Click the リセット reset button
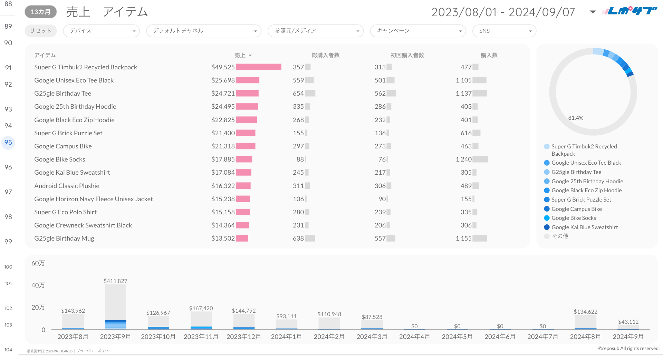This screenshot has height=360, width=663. (40, 31)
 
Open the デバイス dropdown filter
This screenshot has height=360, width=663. (101, 31)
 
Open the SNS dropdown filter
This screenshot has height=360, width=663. (504, 31)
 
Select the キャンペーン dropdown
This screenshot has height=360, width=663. (417, 31)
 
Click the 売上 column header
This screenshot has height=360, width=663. (240, 55)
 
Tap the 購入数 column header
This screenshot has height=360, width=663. (489, 55)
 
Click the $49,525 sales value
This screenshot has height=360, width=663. (223, 67)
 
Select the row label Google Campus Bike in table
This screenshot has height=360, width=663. (63, 146)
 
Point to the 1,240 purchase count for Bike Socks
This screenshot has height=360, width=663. (463, 159)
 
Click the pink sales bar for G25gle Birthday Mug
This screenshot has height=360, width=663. (242, 239)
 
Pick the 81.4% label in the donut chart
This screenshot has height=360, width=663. (576, 118)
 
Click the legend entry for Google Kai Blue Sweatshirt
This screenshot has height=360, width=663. (584, 227)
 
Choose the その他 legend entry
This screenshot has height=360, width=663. (560, 236)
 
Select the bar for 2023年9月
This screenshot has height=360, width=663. (116, 307)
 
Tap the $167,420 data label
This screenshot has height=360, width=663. (201, 308)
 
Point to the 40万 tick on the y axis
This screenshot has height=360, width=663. (38, 285)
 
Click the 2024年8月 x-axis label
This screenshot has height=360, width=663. (585, 337)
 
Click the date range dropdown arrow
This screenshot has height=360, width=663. (593, 12)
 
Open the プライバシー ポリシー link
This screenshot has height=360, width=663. (94, 351)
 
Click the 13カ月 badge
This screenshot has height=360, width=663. (40, 12)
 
